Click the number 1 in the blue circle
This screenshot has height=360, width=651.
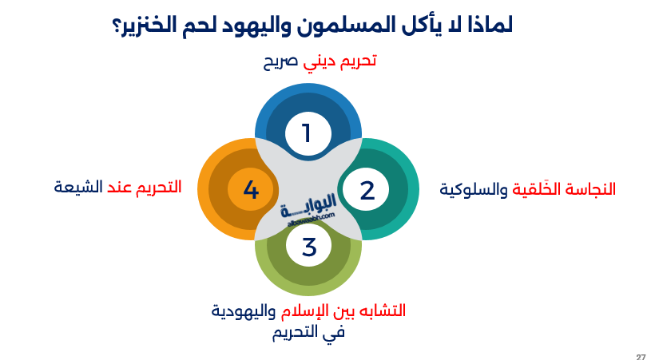click(307, 133)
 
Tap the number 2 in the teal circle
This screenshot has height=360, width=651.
click(367, 190)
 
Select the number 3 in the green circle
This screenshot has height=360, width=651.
click(309, 247)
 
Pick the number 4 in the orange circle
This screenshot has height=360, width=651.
click(251, 190)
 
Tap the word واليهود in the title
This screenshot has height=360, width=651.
click(255, 26)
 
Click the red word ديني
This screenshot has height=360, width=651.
click(319, 62)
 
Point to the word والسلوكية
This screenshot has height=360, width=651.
click(474, 190)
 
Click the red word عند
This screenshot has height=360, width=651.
click(120, 188)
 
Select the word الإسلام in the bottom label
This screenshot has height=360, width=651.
click(300, 311)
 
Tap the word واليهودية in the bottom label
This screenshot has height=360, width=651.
click(244, 311)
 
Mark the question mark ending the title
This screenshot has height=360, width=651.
click(117, 27)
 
